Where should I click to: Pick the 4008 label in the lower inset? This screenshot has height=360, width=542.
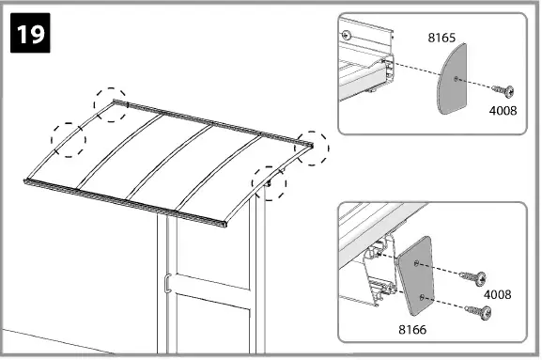click(497, 294)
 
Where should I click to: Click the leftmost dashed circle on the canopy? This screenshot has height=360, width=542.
click(68, 137)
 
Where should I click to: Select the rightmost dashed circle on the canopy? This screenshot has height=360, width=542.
click(311, 148)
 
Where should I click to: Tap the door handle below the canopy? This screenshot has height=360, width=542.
click(164, 281)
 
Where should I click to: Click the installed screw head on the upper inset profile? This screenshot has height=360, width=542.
click(348, 34)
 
